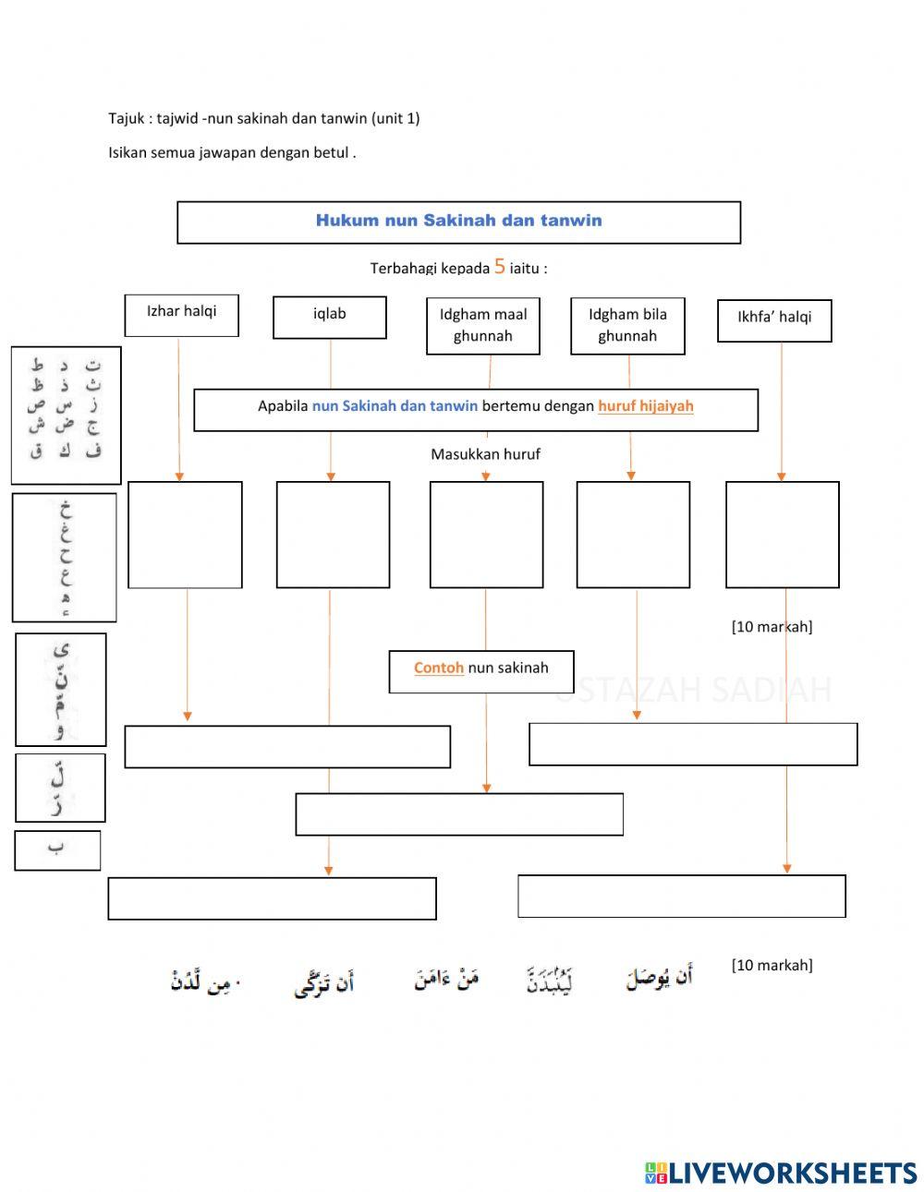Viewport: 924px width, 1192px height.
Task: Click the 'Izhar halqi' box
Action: [x=182, y=315]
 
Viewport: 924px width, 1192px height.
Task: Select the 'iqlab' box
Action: [x=330, y=317]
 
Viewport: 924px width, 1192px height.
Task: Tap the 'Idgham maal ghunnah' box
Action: [x=483, y=325]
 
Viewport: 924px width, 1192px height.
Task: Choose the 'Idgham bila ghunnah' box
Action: [x=627, y=325]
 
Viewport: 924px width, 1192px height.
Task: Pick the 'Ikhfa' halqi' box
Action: [x=774, y=319]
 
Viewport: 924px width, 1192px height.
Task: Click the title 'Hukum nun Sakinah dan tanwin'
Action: [x=458, y=221]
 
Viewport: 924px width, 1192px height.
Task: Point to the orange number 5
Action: [x=500, y=266]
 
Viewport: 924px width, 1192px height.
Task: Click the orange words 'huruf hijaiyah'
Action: [x=646, y=406]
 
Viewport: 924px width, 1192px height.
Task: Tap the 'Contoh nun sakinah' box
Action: [x=481, y=670]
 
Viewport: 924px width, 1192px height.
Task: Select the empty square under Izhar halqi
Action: [x=185, y=534]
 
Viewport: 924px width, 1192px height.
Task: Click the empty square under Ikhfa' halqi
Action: [x=783, y=534]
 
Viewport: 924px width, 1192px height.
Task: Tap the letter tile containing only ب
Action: [x=57, y=849]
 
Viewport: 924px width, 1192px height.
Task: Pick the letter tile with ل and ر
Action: [x=60, y=787]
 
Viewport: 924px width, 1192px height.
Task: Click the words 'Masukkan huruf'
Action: [x=485, y=454]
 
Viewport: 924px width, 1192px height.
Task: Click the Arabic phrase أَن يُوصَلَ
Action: [x=660, y=979]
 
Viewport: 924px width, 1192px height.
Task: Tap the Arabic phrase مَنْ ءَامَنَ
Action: [x=446, y=979]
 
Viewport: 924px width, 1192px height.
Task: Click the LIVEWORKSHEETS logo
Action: [x=781, y=1173]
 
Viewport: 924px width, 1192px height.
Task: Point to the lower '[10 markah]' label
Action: [x=772, y=965]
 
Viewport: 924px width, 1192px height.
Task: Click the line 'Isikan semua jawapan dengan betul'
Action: [x=232, y=153]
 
